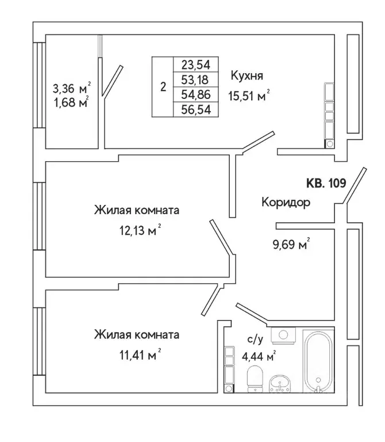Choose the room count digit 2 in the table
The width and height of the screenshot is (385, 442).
click(x=163, y=87)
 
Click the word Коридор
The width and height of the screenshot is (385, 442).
click(x=286, y=203)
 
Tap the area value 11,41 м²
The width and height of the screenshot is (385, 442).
click(x=137, y=355)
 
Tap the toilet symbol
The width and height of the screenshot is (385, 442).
click(x=253, y=380)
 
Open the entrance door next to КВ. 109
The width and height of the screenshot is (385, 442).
click(x=353, y=185)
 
